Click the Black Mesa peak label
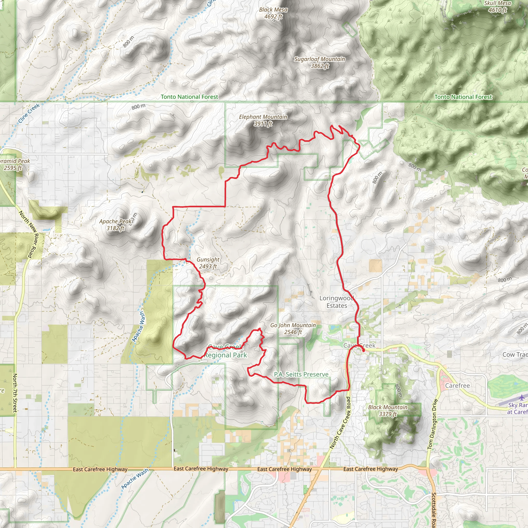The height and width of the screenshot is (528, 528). pyautogui.click(x=273, y=13)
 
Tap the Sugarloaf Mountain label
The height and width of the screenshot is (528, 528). pyautogui.click(x=319, y=62)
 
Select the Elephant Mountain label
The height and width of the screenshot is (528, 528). pyautogui.click(x=263, y=120)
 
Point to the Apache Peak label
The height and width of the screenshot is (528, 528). pyautogui.click(x=115, y=224)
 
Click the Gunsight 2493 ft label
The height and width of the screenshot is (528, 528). pyautogui.click(x=208, y=263)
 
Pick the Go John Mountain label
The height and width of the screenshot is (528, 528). pyautogui.click(x=293, y=328)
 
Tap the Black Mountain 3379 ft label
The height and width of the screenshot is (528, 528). pyautogui.click(x=387, y=410)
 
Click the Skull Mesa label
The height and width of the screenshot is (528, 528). pyautogui.click(x=497, y=6)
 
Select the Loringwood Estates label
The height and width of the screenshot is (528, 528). pyautogui.click(x=337, y=302)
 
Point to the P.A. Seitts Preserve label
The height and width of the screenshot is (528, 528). pyautogui.click(x=301, y=374)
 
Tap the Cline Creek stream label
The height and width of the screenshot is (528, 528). pyautogui.click(x=29, y=113)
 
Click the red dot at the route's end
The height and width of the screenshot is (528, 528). pyautogui.click(x=363, y=350)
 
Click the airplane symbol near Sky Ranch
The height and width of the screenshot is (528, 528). pyautogui.click(x=522, y=398)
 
